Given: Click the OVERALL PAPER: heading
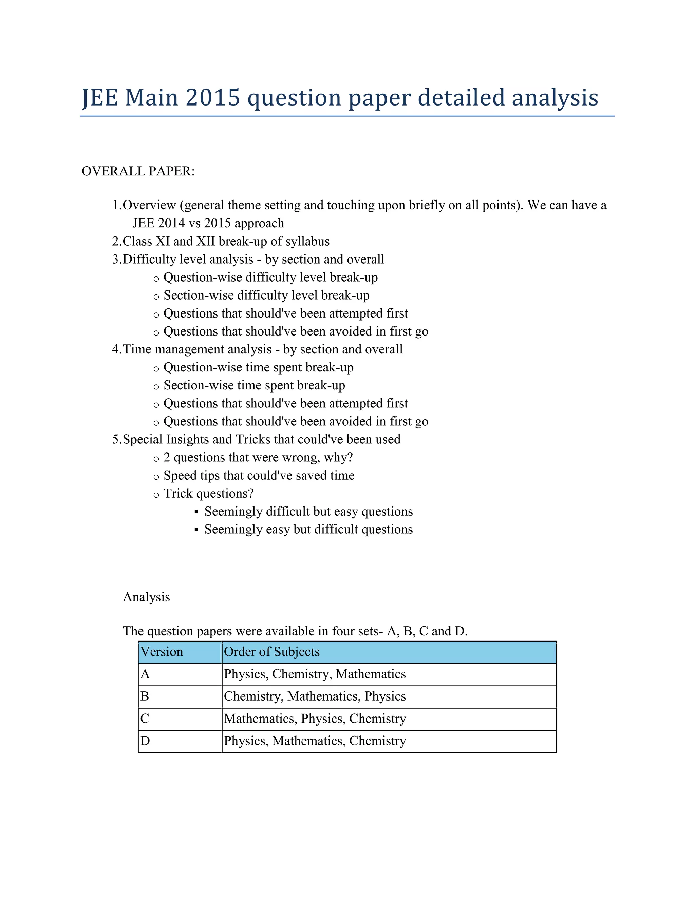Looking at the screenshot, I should click(x=138, y=171).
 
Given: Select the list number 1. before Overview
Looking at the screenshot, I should click(x=116, y=205).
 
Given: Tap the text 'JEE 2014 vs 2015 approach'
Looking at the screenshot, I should click(x=208, y=223).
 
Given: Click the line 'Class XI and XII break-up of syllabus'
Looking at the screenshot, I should click(x=226, y=241).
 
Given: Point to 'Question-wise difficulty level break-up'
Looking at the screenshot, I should click(x=270, y=278).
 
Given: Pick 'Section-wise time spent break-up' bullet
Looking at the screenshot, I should click(x=254, y=385).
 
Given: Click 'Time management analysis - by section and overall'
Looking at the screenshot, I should click(x=262, y=349).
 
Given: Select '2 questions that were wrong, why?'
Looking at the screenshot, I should click(x=258, y=457).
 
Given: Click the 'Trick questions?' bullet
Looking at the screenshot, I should click(x=208, y=494).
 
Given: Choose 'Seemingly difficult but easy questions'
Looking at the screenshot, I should click(x=308, y=511).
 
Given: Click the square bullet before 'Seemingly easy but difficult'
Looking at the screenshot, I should click(x=196, y=530).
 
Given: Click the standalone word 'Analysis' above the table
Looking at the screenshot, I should click(x=146, y=597).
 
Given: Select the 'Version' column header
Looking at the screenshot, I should click(x=162, y=652).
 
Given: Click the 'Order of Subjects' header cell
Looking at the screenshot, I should click(x=272, y=652).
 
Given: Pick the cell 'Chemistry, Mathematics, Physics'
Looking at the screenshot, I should click(x=315, y=696).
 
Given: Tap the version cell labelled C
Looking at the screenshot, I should click(x=145, y=719).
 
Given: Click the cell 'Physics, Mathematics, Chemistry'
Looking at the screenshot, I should click(x=315, y=741).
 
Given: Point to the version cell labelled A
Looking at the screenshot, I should click(x=145, y=674).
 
